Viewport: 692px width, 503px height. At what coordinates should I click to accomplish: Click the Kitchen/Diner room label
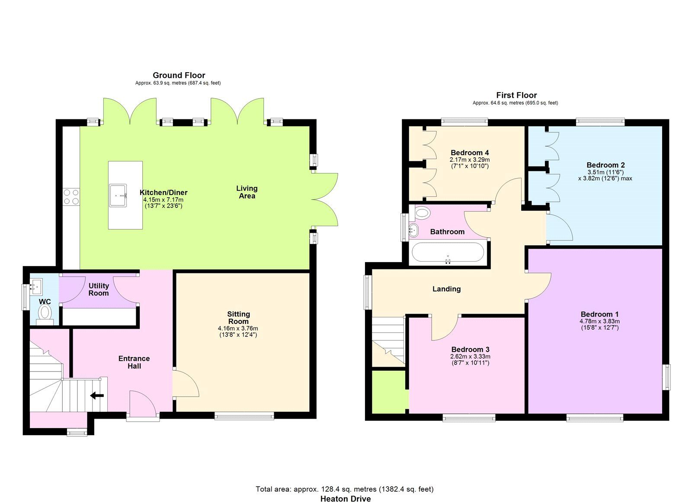pyautogui.click(x=163, y=192)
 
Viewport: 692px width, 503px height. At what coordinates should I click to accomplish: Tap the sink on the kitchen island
pyautogui.click(x=118, y=195)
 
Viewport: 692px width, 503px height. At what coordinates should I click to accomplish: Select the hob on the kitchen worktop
pyautogui.click(x=71, y=197)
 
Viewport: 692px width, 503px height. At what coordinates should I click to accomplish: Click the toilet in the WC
pyautogui.click(x=45, y=312)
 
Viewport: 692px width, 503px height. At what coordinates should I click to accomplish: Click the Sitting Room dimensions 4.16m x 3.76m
pyautogui.click(x=238, y=328)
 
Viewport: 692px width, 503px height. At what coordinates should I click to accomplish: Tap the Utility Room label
pyautogui.click(x=99, y=289)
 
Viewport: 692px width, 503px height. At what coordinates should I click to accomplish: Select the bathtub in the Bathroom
pyautogui.click(x=448, y=252)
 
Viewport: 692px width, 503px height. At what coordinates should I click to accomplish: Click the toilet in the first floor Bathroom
pyautogui.click(x=422, y=213)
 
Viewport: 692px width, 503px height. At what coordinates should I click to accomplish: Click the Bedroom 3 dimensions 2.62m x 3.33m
pyautogui.click(x=470, y=356)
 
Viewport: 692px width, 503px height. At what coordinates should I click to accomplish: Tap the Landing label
pyautogui.click(x=446, y=289)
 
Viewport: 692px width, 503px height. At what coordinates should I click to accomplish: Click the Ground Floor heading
pyautogui.click(x=179, y=75)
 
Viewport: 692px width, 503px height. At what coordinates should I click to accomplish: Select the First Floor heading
pyautogui.click(x=516, y=95)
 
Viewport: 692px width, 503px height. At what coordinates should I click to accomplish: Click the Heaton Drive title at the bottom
pyautogui.click(x=345, y=498)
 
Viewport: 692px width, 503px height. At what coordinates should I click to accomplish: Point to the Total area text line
pyautogui.click(x=344, y=489)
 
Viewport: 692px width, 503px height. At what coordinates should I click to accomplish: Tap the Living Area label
pyautogui.click(x=247, y=192)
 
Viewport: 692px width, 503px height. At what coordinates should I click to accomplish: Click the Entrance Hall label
pyautogui.click(x=134, y=362)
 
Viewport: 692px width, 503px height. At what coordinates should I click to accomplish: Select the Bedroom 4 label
pyautogui.click(x=469, y=153)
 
